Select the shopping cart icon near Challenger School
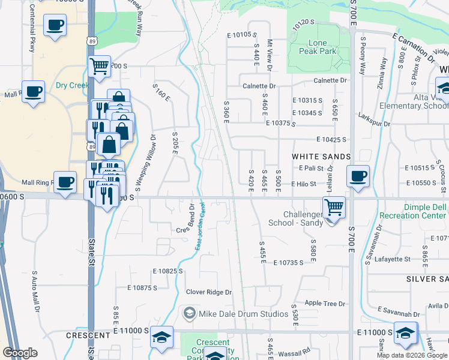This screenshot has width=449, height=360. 334,208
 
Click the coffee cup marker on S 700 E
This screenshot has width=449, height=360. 358,176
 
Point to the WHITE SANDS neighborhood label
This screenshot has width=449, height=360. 321,156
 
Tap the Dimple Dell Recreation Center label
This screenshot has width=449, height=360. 416,211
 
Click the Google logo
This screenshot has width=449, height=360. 20,353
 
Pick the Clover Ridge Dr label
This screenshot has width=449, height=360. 208,292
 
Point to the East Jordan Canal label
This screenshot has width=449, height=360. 197,232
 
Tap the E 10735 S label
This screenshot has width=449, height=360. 293,263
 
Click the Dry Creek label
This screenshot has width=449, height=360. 73,85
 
